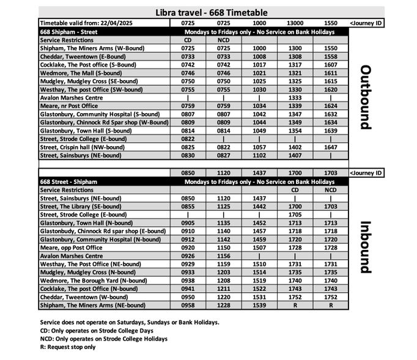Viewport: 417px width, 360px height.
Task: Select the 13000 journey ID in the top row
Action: (295, 23)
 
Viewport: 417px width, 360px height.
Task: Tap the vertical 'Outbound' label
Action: (365, 97)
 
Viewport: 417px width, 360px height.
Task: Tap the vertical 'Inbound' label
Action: (365, 246)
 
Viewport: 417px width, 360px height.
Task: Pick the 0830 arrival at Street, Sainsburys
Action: (188, 156)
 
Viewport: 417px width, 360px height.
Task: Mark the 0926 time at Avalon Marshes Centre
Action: (188, 256)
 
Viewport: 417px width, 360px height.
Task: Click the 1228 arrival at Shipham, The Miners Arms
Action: (224, 306)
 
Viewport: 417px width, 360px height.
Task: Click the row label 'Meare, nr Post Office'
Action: (68, 106)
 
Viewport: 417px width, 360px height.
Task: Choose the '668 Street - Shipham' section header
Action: (67, 182)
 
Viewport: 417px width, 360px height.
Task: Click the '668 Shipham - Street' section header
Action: (67, 31)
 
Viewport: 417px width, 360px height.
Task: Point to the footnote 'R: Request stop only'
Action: (67, 347)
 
